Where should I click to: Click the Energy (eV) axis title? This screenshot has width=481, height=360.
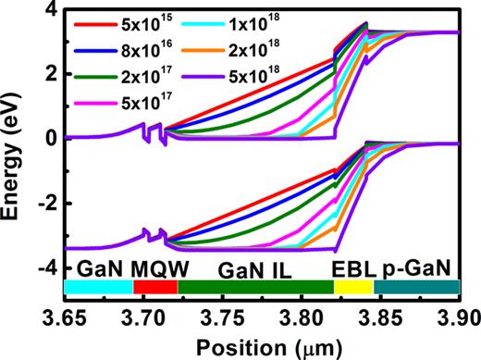click(x=15, y=148)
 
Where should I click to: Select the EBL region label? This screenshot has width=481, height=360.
click(x=351, y=269)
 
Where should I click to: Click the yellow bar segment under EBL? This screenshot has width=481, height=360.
click(x=352, y=288)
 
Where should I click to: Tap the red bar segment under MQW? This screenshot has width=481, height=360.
click(x=155, y=288)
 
